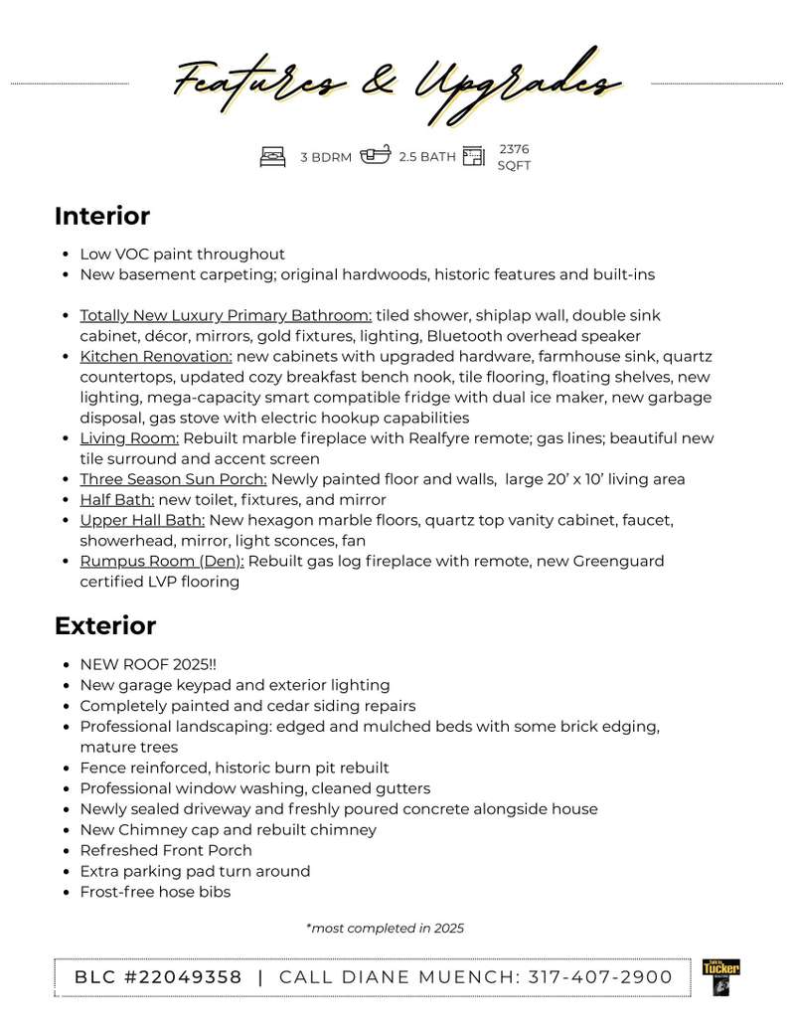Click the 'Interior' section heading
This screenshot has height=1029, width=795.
102,216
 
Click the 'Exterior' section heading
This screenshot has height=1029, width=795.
105,626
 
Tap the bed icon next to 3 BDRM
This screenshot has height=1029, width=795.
272,156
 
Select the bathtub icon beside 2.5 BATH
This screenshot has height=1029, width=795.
375,156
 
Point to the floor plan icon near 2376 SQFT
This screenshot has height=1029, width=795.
474,156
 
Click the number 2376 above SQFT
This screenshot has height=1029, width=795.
514,149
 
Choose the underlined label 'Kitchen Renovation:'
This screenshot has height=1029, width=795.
156,357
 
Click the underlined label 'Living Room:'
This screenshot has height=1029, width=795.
129,438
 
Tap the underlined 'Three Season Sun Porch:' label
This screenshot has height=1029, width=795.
173,479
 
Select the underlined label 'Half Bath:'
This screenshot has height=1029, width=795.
117,500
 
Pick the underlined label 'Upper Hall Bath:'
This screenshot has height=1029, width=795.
142,520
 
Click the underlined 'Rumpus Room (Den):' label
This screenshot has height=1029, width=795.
163,562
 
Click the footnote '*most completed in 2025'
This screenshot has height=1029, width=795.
385,929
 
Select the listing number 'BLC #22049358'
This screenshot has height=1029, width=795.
158,977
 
